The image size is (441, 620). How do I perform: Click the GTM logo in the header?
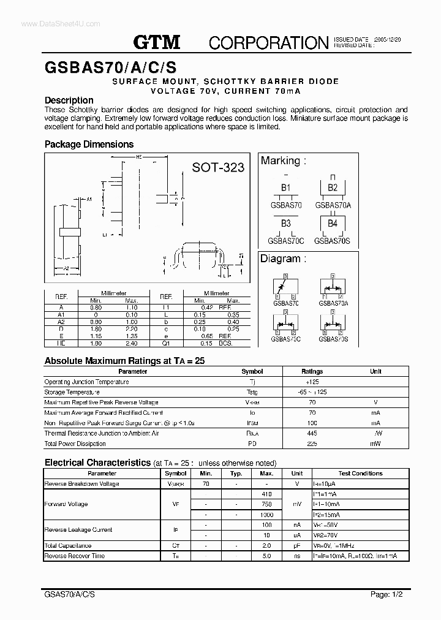pyautogui.click(x=157, y=42)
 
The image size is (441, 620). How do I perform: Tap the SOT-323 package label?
pyautogui.click(x=218, y=167)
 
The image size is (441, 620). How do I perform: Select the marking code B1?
pyautogui.click(x=285, y=187)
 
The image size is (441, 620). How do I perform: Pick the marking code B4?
pyautogui.click(x=332, y=223)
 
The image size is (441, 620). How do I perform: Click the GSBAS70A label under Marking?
pyautogui.click(x=333, y=205)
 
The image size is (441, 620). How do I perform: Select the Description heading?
pyautogui.click(x=69, y=100)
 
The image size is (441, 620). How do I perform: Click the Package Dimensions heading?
pyautogui.click(x=89, y=145)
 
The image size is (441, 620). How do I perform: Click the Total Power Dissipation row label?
pyautogui.click(x=75, y=444)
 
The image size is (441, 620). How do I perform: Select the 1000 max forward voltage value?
pyautogui.click(x=266, y=515)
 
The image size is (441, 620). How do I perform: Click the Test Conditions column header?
pyautogui.click(x=360, y=474)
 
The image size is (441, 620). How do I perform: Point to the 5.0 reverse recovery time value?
pyautogui.click(x=266, y=556)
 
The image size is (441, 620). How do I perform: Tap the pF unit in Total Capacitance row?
pyautogui.click(x=297, y=545)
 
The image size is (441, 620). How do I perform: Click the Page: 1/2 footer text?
pyautogui.click(x=387, y=594)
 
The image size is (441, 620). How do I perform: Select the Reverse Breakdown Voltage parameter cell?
pyautogui.click(x=81, y=484)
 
